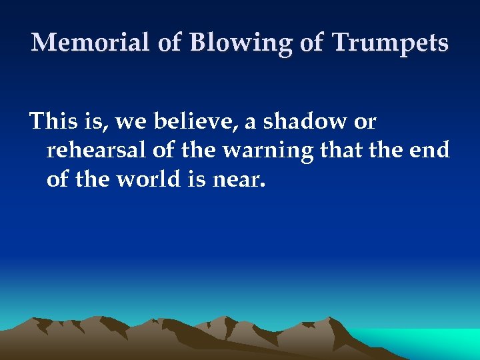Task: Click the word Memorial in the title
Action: [91, 43]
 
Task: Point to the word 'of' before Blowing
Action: [169, 43]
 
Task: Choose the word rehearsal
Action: [97, 151]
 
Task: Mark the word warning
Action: [267, 151]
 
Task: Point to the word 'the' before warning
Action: [199, 151]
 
